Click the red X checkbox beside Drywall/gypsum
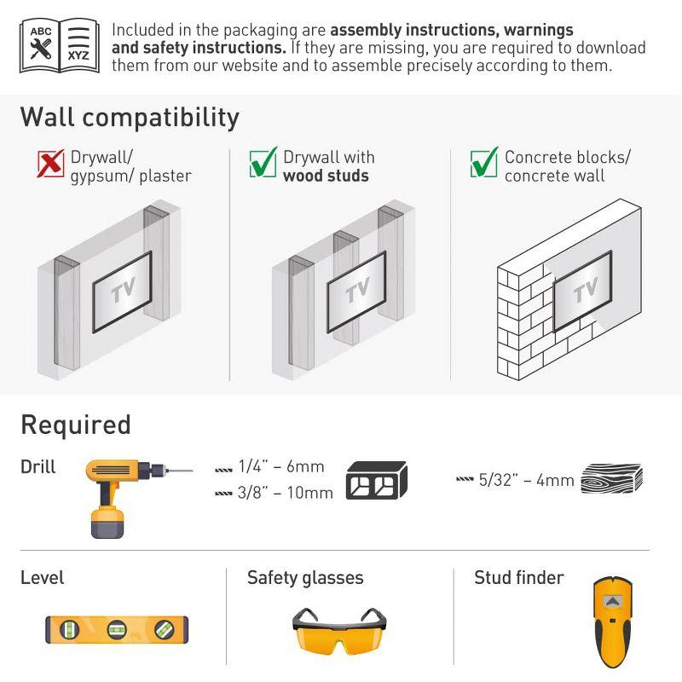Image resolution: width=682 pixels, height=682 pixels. pyautogui.click(x=51, y=163)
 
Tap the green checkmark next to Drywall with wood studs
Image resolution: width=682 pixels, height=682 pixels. pyautogui.click(x=263, y=162)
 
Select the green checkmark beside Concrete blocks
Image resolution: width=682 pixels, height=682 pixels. pyautogui.click(x=484, y=162)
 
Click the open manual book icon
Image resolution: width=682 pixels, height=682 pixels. pyautogui.click(x=59, y=45)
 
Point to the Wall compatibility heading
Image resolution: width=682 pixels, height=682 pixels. pyautogui.click(x=130, y=117)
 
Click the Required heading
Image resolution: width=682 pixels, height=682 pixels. pyautogui.click(x=76, y=425)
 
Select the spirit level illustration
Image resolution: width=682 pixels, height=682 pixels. pyautogui.click(x=116, y=629)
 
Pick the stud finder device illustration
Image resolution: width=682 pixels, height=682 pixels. pyautogui.click(x=611, y=623)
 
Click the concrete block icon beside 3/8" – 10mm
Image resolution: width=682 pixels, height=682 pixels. pyautogui.click(x=376, y=481)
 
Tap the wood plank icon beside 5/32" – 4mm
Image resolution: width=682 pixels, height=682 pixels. pyautogui.click(x=610, y=479)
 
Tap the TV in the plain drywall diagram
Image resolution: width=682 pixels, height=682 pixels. pyautogui.click(x=122, y=291)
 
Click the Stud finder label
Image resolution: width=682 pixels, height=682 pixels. pyautogui.click(x=518, y=578)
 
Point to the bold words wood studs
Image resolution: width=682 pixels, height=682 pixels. pyautogui.click(x=326, y=176)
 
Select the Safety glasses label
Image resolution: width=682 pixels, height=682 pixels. pyautogui.click(x=305, y=578)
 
